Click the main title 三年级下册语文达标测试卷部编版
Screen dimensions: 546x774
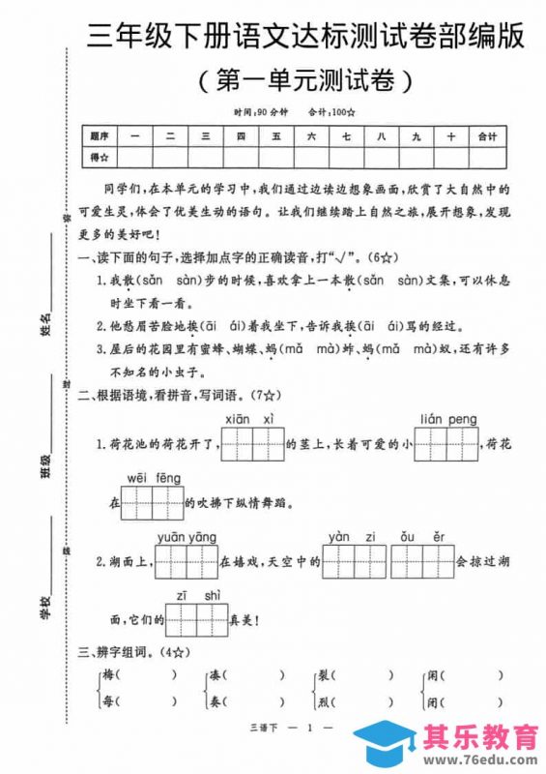coord(306,39)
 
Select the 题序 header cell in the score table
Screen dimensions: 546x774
coord(100,137)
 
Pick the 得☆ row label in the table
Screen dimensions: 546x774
coord(100,157)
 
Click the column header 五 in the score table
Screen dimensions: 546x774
coord(276,137)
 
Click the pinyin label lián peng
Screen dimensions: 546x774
coord(448,417)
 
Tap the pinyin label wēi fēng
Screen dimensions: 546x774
coord(154,476)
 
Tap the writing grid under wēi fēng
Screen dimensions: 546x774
coord(155,503)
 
